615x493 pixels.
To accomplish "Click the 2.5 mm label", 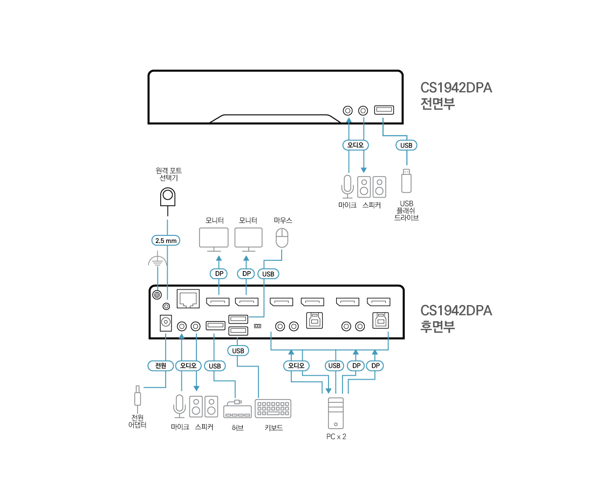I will (x=165, y=240).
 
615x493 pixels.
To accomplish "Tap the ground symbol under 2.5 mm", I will (x=158, y=261).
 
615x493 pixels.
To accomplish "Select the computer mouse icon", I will (x=282, y=237).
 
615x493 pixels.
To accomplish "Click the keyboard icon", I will (x=273, y=408).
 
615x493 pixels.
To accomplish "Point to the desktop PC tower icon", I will (x=336, y=413).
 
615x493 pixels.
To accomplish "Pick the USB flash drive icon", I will (x=407, y=180).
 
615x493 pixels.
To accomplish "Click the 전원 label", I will (x=160, y=366).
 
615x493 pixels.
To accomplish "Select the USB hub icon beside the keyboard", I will (x=237, y=409).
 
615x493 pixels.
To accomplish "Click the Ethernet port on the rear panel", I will (x=188, y=299).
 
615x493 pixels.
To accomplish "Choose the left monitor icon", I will (x=214, y=239).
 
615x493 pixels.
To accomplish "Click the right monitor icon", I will (x=249, y=239).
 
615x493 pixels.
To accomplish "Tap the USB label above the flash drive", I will (x=407, y=145).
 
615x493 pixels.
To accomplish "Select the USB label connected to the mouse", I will (x=268, y=274).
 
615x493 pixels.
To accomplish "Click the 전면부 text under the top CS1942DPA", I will (x=438, y=103).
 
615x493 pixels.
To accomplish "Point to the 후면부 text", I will (x=438, y=326).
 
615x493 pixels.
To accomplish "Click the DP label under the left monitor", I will (x=219, y=274).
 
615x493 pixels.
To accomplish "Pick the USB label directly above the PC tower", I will (x=334, y=366).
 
